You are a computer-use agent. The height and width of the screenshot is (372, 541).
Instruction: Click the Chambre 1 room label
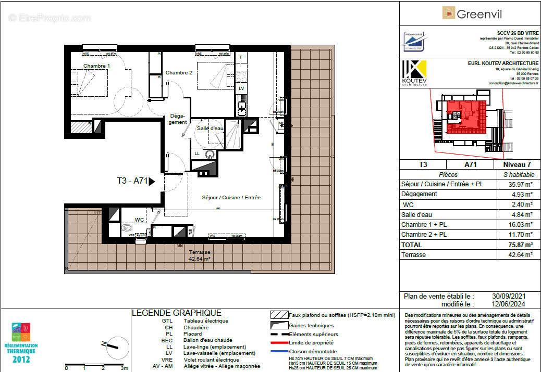[x=97, y=66]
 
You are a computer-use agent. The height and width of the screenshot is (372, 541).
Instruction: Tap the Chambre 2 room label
[x=179, y=73]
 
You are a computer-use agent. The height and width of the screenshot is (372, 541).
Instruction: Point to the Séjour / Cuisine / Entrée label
[x=231, y=198]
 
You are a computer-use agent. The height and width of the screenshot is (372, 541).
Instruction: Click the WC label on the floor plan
[x=139, y=220]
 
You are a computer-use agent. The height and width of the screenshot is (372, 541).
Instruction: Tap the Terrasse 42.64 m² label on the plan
[x=200, y=255]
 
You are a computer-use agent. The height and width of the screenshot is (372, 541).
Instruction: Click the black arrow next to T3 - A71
[x=152, y=182]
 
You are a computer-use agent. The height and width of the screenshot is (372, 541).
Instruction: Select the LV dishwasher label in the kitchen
[x=241, y=88]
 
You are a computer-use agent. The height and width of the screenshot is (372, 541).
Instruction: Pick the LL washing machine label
[x=197, y=153]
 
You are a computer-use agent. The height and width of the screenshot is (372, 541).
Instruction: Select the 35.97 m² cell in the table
[x=518, y=184]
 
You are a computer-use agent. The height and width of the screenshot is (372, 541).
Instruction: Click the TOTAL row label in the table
[x=412, y=245]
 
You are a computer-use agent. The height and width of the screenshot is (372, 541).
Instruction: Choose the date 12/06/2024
[x=518, y=304]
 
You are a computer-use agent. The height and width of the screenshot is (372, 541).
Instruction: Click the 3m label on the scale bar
[x=124, y=368]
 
